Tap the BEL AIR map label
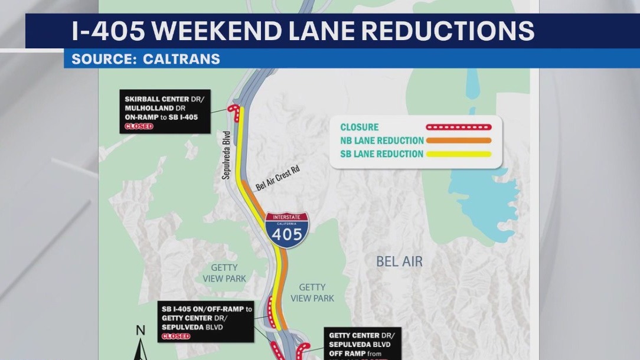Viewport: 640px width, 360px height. pos(399,261)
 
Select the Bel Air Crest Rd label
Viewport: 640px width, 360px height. pos(277,178)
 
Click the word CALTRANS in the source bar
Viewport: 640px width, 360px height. pos(181,59)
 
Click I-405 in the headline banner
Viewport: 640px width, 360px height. pos(107,31)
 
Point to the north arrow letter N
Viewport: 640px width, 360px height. pos(141,330)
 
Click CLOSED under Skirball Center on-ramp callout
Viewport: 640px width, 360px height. pos(139,126)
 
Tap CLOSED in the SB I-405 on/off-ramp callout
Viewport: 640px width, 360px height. pos(176,336)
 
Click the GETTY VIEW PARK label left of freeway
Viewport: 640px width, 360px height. pos(224,273)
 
